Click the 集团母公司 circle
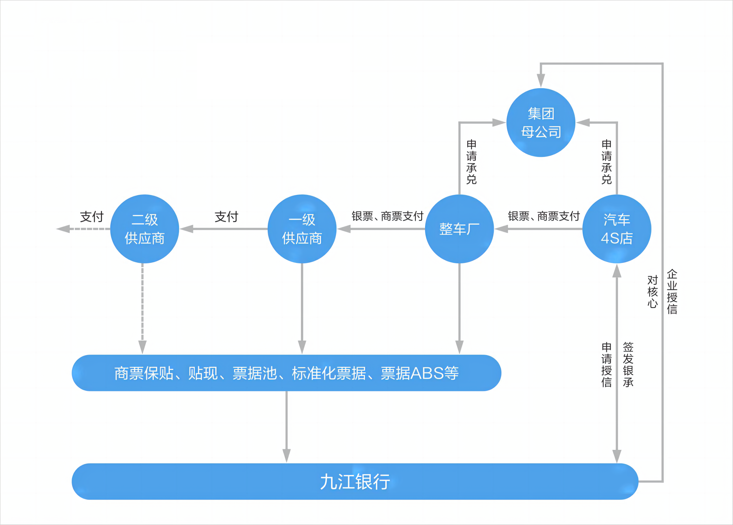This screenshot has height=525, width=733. click(x=541, y=123)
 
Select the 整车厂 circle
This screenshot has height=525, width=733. click(x=459, y=229)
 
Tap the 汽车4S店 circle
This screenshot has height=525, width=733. click(x=617, y=229)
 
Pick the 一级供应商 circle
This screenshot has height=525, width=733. click(x=302, y=229)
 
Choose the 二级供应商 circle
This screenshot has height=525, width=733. click(x=145, y=229)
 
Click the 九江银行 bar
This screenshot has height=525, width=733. click(x=355, y=482)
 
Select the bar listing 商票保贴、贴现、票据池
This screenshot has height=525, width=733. click(x=286, y=373)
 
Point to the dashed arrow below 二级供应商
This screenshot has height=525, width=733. click(x=142, y=307)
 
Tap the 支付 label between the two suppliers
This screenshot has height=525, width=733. click(x=226, y=217)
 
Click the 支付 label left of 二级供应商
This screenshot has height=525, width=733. click(x=92, y=217)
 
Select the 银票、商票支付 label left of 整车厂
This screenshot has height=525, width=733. click(x=388, y=216)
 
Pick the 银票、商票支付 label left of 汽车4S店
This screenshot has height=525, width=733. click(x=544, y=216)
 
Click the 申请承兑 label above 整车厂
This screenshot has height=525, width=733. click(x=471, y=162)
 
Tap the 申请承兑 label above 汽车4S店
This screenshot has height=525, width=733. click(x=607, y=162)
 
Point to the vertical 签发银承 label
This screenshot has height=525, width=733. click(x=628, y=365)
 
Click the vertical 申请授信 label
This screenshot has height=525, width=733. click(x=607, y=365)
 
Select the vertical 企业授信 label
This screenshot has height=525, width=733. click(x=672, y=291)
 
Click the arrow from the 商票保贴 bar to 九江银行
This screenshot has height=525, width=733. click(x=286, y=426)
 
